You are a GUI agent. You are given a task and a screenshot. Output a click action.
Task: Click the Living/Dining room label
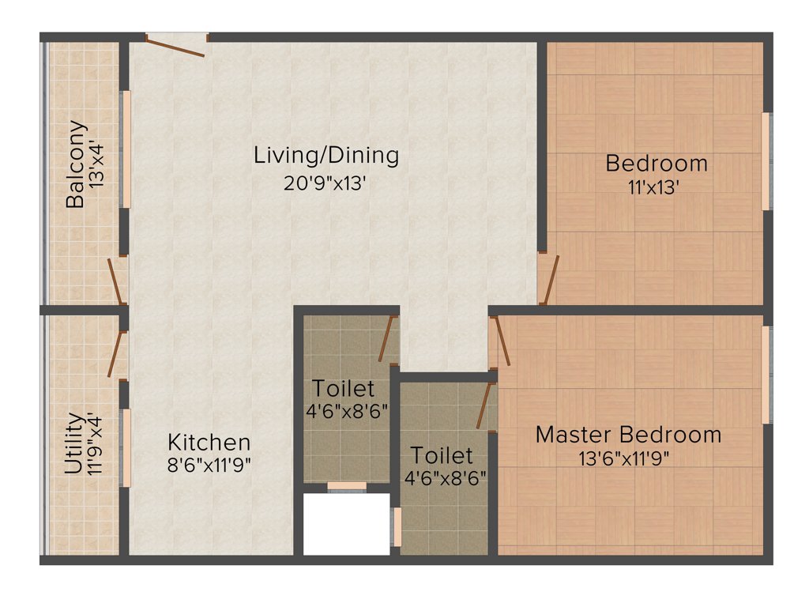325,155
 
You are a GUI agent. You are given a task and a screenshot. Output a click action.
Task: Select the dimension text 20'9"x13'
325,183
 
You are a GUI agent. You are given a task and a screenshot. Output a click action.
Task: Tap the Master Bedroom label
628,435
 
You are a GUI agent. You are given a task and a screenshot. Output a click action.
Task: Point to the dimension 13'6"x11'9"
628,459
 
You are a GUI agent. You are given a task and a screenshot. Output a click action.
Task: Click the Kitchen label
209,443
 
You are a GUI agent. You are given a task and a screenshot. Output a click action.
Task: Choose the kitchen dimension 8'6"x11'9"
209,465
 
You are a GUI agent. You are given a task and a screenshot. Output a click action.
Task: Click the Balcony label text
76,164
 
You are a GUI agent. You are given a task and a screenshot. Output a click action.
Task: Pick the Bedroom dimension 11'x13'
656,188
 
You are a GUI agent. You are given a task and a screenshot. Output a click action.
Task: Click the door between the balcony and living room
117,281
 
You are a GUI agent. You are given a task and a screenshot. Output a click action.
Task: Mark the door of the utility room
118,353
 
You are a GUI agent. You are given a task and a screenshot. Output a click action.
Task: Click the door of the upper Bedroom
549,280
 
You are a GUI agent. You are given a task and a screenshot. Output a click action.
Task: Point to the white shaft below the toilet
347,525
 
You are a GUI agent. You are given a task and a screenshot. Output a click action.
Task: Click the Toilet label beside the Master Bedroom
442,455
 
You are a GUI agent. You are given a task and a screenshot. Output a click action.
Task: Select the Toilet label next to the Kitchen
343,389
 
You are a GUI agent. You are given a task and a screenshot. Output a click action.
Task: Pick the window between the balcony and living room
124,149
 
